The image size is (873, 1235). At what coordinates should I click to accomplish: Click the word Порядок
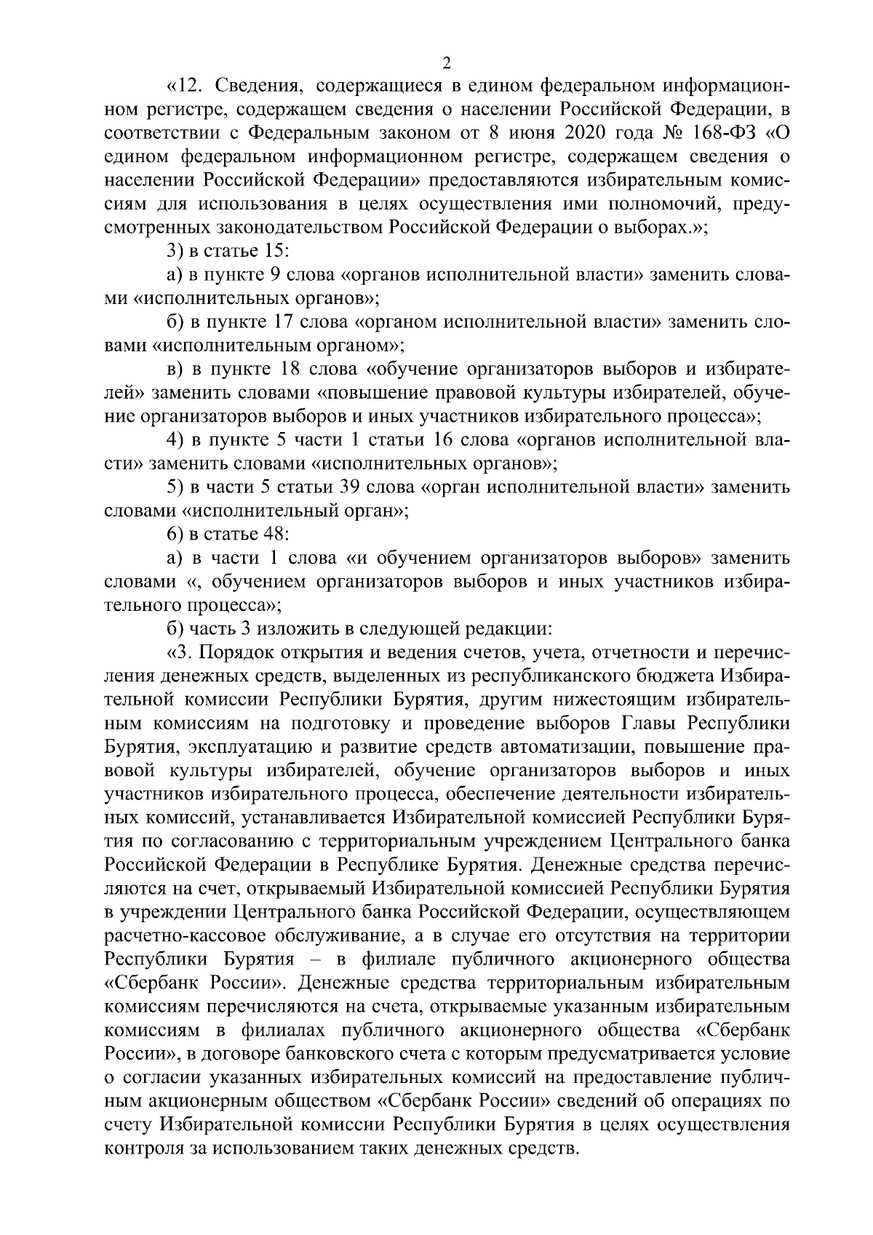click(x=241, y=652)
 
